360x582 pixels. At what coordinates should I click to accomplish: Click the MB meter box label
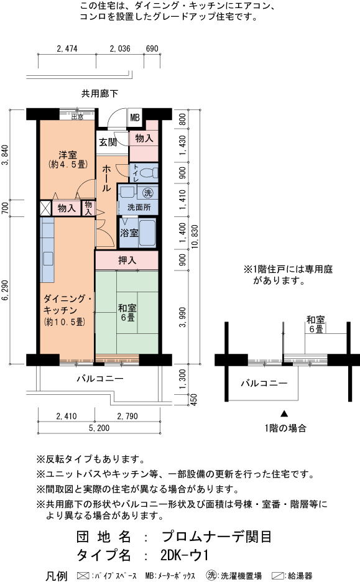point(135,118)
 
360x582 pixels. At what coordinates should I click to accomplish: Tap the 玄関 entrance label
point(108,142)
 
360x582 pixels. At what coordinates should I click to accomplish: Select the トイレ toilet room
point(144,173)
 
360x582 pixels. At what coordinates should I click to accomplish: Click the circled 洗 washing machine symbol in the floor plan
point(148,193)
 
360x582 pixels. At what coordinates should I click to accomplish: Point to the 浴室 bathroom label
point(129,233)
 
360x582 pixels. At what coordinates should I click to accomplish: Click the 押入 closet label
point(127,260)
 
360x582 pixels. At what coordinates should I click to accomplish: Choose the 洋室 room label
point(68,154)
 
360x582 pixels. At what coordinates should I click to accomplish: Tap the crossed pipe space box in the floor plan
point(45,208)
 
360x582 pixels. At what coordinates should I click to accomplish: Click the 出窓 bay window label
point(77,117)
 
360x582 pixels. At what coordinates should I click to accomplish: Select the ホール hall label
point(106,178)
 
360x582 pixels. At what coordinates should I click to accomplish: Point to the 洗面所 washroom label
point(139,207)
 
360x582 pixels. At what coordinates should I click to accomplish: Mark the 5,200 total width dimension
point(99,428)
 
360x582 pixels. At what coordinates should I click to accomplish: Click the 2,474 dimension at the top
point(67,48)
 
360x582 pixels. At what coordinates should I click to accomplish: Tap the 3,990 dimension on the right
point(182,317)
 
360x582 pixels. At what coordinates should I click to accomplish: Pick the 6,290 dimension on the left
point(5,290)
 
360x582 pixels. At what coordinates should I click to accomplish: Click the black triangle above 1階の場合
point(284,413)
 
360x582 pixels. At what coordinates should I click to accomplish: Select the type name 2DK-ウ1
point(185,555)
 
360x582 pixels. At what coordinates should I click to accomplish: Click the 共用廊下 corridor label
point(99,93)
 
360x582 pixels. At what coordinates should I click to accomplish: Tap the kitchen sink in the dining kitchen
point(48,258)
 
